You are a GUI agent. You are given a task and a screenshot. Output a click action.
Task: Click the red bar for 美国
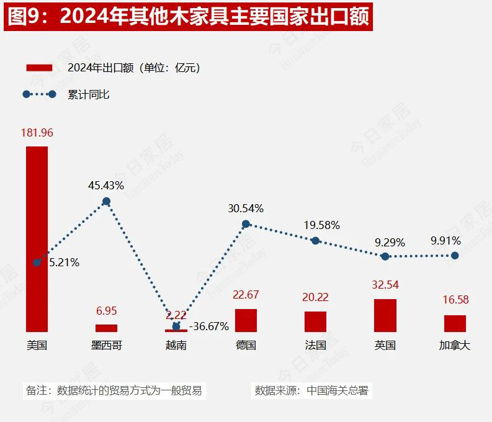(37, 239)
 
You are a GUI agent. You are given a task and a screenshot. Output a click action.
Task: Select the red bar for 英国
(385, 315)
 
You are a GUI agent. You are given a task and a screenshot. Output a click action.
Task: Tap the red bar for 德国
(246, 320)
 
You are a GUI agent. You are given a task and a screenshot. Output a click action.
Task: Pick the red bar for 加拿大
(455, 323)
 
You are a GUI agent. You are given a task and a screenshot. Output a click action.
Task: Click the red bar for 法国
(315, 321)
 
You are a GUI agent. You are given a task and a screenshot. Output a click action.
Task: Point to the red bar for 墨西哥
(106, 328)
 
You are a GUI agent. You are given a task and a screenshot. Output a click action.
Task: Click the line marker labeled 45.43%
(106, 201)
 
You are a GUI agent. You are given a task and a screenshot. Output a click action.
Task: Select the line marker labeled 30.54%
(246, 224)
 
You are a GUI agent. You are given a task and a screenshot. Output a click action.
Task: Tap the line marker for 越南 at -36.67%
(176, 326)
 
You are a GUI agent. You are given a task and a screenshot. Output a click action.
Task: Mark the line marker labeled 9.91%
(455, 255)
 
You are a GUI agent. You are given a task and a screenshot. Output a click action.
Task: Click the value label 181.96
(37, 132)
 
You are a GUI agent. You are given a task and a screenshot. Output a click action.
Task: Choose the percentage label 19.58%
(321, 225)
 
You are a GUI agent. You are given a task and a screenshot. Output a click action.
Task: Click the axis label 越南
(176, 345)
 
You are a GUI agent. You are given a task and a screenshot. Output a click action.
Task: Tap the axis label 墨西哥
(106, 345)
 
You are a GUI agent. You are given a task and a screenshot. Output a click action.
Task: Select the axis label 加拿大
(455, 345)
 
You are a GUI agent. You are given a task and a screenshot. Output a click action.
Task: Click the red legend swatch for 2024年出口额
(39, 68)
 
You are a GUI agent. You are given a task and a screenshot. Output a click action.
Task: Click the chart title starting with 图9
(189, 17)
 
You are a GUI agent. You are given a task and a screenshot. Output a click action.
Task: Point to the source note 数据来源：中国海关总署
(311, 390)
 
